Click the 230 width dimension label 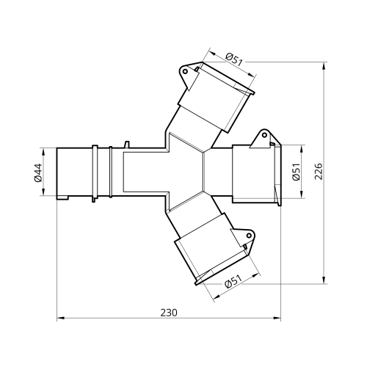coord(169,313)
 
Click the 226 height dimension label coord(319,171)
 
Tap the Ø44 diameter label coord(38,172)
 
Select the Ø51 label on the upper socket coord(234,59)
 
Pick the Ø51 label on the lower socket coord(233,281)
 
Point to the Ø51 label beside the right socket coord(296,172)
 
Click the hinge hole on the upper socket coord(186,71)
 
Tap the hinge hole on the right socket coord(264,135)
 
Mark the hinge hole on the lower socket coord(249,236)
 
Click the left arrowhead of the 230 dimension coord(60,318)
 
